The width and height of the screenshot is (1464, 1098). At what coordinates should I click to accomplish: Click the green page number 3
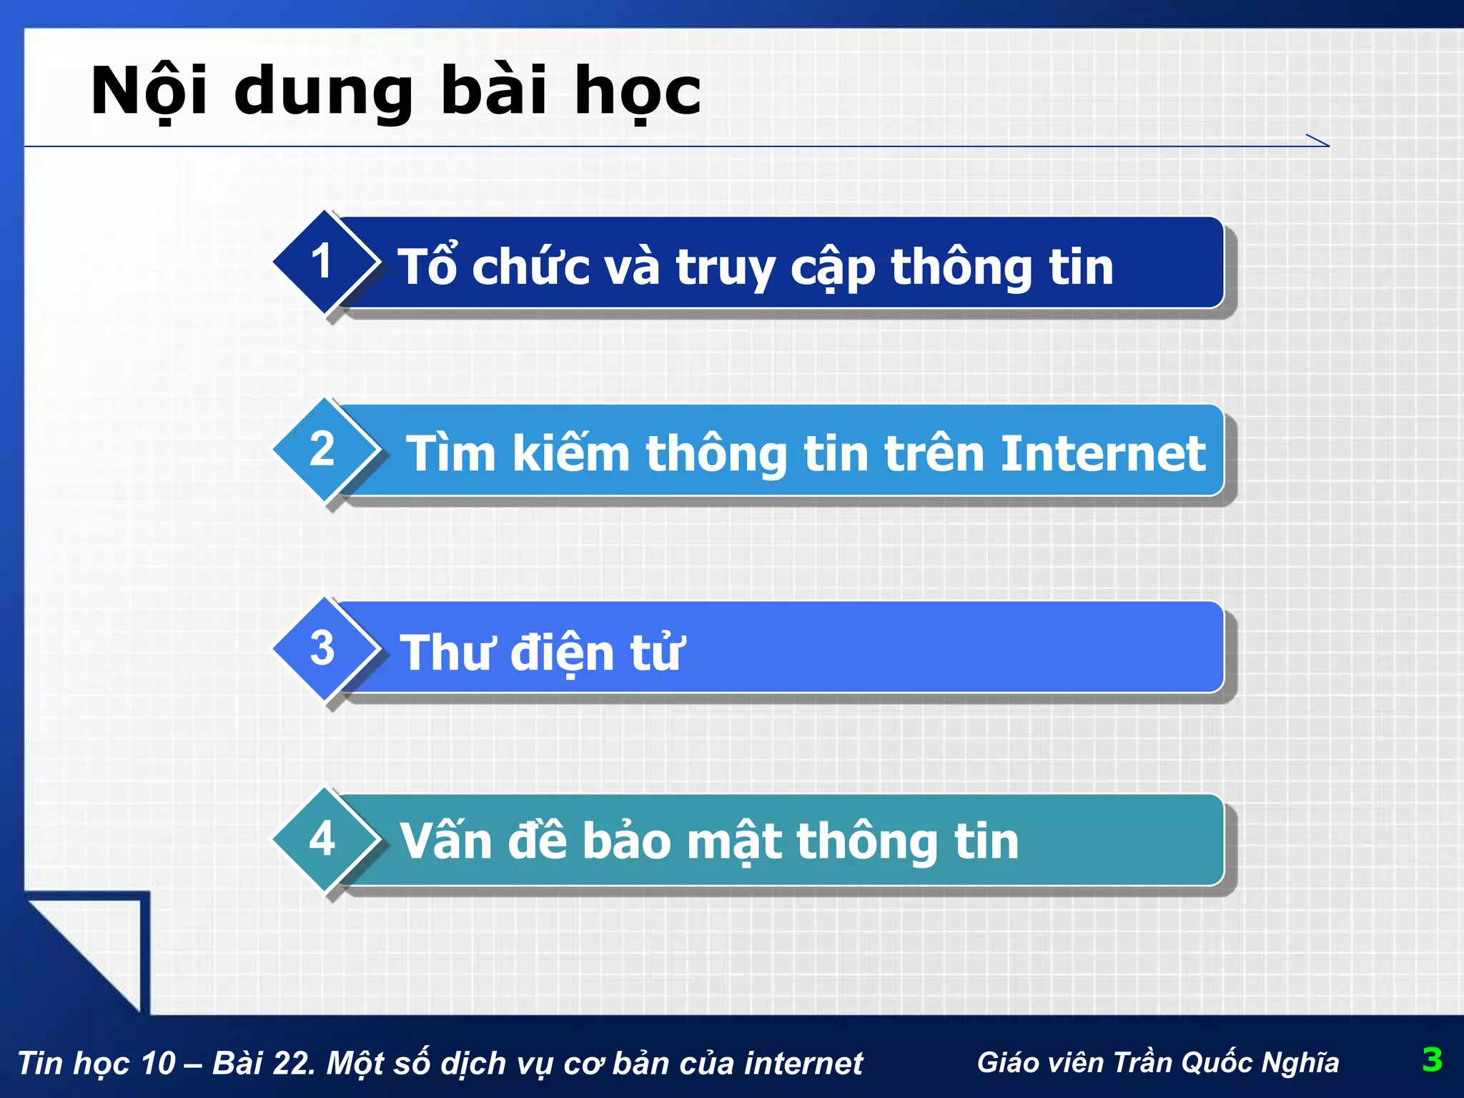pos(1432,1059)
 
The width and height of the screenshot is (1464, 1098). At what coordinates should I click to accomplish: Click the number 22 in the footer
pos(296,1063)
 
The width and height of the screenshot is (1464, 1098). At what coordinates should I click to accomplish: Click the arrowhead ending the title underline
pos(1320,141)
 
